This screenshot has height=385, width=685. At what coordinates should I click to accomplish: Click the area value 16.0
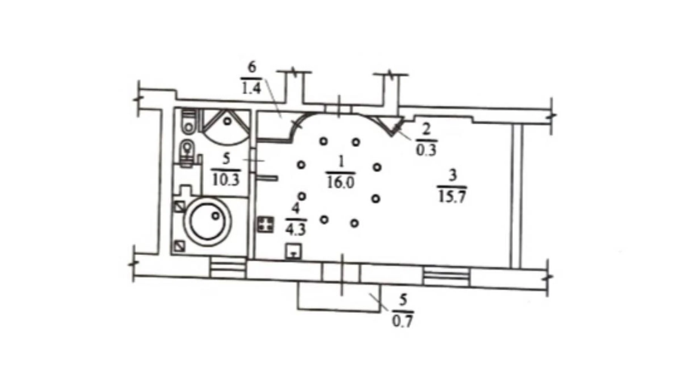(x=341, y=182)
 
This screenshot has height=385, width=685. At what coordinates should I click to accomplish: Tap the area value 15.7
(x=452, y=197)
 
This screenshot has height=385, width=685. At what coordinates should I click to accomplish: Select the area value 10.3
(x=226, y=180)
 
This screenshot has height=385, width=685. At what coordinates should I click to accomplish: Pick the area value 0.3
(x=426, y=150)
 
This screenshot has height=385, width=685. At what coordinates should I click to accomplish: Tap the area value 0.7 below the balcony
(x=402, y=321)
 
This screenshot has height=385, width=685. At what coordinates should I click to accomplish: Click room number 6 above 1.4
(x=252, y=67)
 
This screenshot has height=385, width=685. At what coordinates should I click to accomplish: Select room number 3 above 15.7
(x=452, y=175)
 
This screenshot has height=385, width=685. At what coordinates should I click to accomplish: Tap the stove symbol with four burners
(x=266, y=225)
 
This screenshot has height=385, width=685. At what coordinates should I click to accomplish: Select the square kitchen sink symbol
(x=293, y=252)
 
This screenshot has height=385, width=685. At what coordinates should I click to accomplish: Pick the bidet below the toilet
(x=188, y=153)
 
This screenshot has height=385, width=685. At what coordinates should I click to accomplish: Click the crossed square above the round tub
(x=180, y=207)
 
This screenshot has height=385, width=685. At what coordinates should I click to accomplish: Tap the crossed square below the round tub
(x=180, y=246)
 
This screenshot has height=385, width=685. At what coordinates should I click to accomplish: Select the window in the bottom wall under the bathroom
(x=228, y=268)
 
